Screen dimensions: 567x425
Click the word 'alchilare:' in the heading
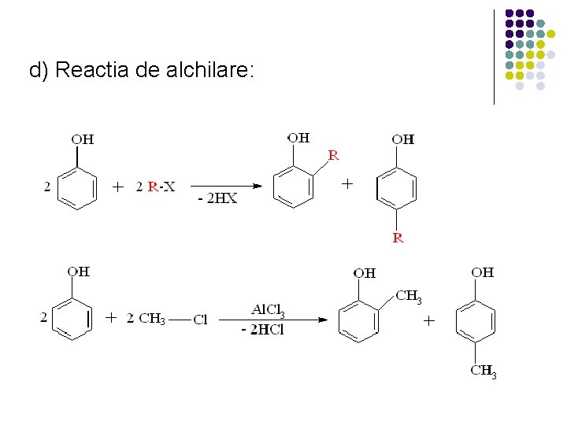click(210, 71)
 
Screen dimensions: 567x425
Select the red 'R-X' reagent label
click(161, 187)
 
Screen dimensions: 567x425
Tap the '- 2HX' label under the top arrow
click(217, 199)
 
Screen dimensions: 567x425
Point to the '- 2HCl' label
click(262, 330)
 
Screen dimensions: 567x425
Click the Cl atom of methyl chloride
click(200, 320)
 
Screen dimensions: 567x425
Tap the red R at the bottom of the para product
click(398, 238)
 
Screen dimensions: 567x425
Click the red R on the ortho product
click(334, 155)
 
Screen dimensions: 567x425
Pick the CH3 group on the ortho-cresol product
click(408, 297)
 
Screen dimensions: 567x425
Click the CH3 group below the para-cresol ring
click(483, 371)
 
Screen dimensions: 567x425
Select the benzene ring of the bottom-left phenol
click(74, 320)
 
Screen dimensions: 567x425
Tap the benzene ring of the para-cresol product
click(476, 321)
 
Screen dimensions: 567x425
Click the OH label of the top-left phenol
click(83, 140)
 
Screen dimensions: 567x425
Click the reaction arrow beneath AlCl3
click(272, 320)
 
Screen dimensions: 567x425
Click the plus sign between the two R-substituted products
click(346, 183)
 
